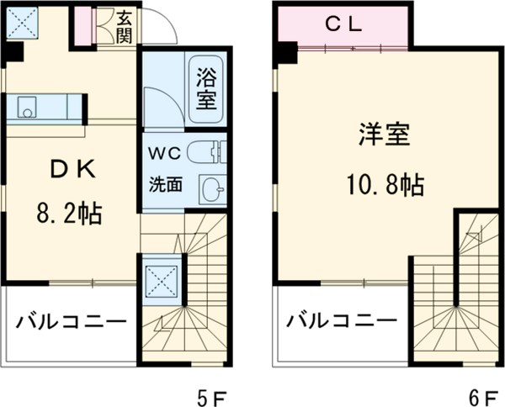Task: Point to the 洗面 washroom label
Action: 165,182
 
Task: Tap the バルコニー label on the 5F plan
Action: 71,322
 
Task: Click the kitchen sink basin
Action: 28,107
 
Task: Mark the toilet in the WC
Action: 205,153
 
